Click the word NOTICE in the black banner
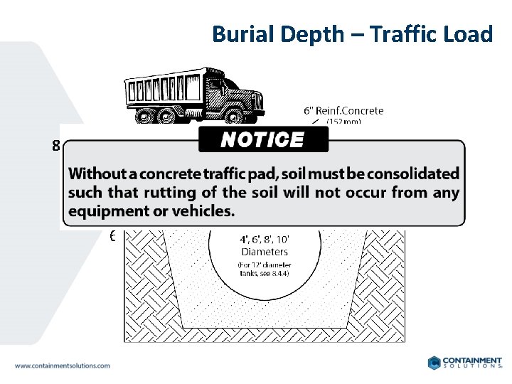(x=262, y=139)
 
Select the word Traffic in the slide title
(x=406, y=34)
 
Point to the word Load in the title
(x=470, y=34)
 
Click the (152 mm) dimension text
(x=344, y=122)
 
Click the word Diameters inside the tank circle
(x=265, y=252)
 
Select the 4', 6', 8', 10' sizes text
(x=265, y=240)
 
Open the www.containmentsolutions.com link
(x=63, y=366)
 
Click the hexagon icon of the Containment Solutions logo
(x=435, y=363)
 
